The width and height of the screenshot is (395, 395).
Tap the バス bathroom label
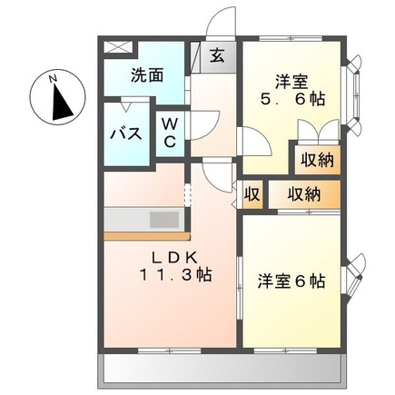click(124, 133)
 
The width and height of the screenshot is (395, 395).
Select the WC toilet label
click(171, 133)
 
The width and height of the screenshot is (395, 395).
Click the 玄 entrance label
click(219, 54)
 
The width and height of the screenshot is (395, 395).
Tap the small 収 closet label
click(251, 194)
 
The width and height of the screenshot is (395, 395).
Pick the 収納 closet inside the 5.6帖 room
click(314, 161)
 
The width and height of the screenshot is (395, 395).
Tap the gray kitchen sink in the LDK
click(163, 220)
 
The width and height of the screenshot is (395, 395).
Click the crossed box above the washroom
click(114, 45)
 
